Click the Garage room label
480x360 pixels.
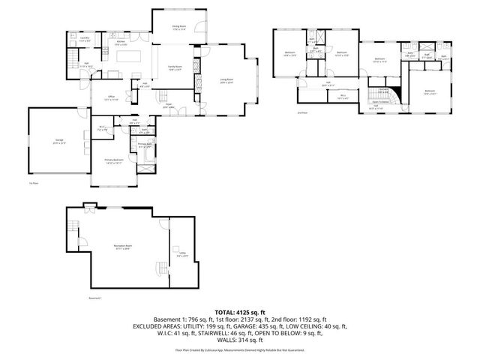58,142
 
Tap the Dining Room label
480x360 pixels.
178,28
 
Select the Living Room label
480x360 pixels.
227,81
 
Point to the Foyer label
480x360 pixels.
169,106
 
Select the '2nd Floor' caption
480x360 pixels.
302,113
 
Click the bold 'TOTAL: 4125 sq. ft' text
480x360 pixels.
239,310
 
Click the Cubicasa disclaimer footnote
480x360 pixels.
239,349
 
